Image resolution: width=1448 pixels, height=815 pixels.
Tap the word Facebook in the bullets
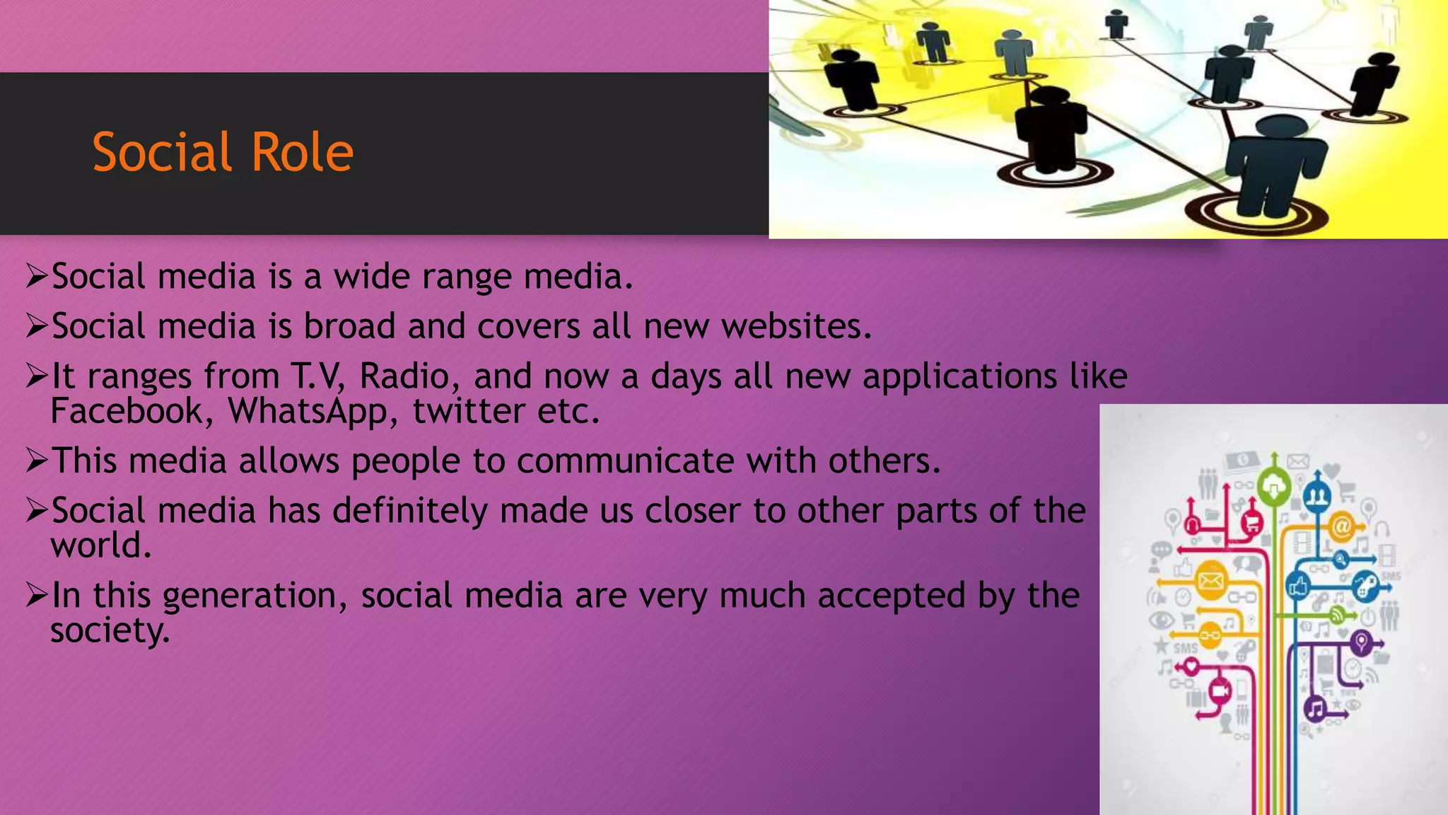click(x=127, y=411)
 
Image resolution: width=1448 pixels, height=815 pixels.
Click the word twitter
click(x=469, y=411)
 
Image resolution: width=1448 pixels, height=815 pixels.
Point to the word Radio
click(x=404, y=376)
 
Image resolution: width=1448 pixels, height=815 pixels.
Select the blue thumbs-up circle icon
click(x=1299, y=586)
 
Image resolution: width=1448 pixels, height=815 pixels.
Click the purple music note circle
click(x=1315, y=708)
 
